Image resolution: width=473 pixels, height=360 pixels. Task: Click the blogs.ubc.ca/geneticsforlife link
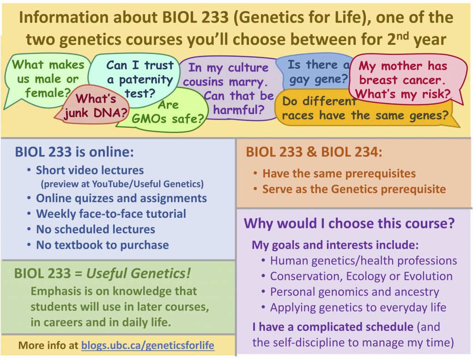point(148,345)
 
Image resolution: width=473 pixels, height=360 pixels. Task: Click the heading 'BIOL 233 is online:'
point(74,152)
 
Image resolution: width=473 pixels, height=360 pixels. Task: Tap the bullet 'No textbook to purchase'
point(102,245)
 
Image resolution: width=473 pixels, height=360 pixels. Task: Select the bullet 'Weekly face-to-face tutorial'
point(111,214)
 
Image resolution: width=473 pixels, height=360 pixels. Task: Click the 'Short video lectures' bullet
point(90,170)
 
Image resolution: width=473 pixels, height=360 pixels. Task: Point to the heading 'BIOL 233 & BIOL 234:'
point(314,152)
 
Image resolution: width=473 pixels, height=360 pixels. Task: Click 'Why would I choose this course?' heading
point(349,223)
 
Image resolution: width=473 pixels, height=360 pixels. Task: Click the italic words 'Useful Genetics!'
point(139,274)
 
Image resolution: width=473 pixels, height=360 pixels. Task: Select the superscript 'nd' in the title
point(402,36)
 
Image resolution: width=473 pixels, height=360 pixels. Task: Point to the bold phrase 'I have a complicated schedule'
point(333,327)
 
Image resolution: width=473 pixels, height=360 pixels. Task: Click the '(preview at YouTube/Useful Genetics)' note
point(122,184)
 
